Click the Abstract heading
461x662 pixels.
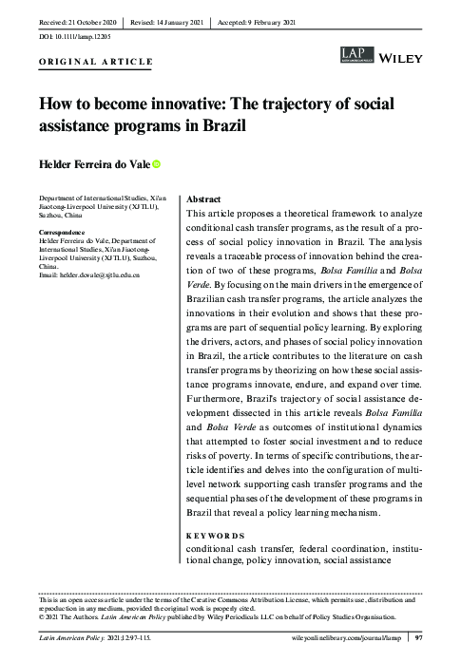[204, 200]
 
